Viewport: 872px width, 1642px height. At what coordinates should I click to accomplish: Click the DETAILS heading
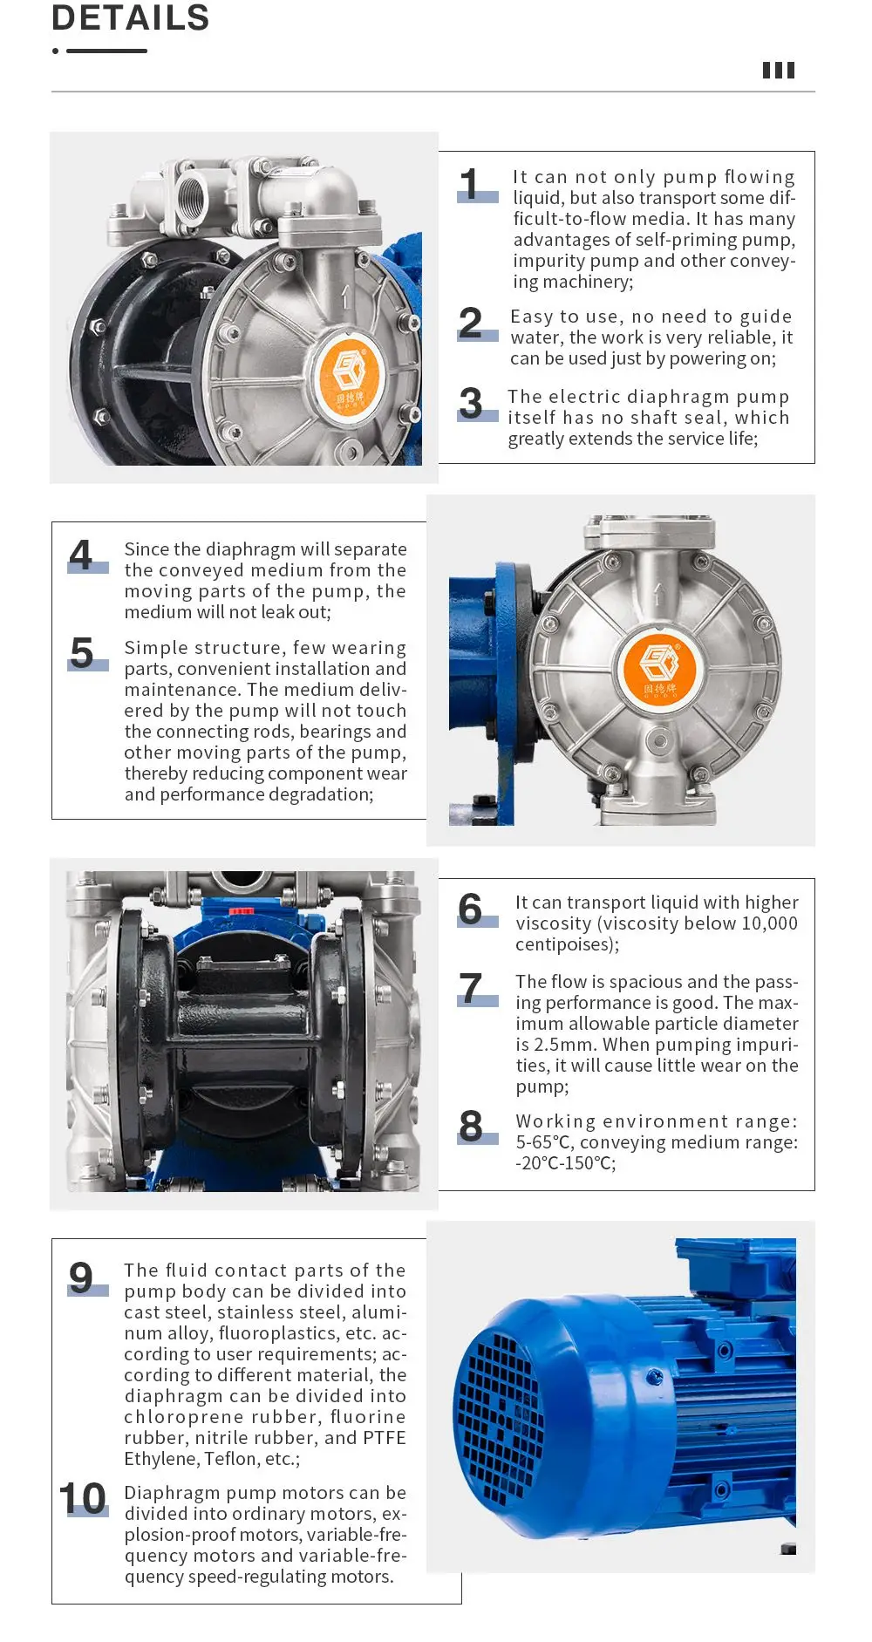[131, 17]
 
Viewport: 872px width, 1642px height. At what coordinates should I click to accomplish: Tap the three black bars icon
[778, 71]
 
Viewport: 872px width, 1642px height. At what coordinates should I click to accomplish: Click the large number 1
[470, 185]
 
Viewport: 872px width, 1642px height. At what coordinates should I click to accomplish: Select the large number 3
[471, 404]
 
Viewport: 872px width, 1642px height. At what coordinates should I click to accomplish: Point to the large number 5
[82, 653]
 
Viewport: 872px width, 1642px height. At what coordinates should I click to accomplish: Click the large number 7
[471, 989]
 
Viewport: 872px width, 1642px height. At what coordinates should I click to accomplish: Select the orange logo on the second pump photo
[658, 667]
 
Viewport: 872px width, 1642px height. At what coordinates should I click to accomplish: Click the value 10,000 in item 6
[769, 923]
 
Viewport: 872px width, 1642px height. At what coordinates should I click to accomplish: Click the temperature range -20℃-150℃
[565, 1163]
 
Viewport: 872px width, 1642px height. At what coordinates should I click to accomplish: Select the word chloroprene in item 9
[179, 1417]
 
